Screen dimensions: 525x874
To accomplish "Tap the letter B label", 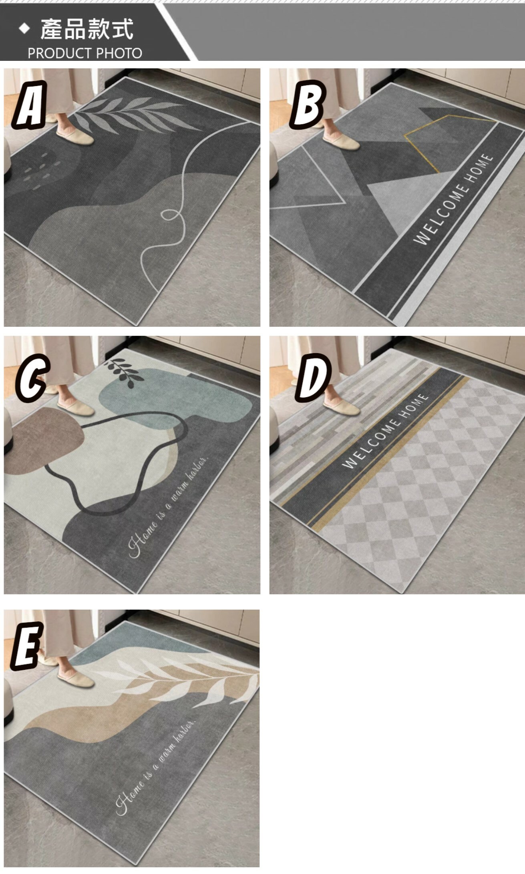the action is (308, 104).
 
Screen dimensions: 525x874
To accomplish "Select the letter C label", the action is (32, 377).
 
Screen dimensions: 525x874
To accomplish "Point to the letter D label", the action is (314, 377).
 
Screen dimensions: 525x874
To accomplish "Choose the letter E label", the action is (26, 646).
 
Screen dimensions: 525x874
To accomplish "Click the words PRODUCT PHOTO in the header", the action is (85, 53).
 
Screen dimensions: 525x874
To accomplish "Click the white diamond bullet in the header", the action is (24, 28).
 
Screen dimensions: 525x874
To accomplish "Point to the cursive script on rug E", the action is (155, 768).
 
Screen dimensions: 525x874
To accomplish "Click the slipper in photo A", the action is (75, 135).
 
